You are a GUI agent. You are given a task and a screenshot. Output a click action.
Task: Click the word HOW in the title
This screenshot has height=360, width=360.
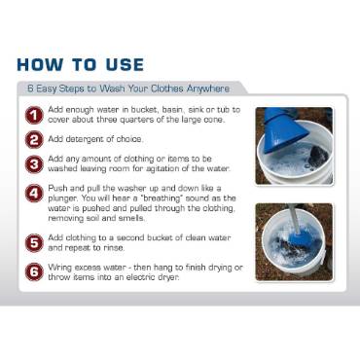pyautogui.click(x=47, y=66)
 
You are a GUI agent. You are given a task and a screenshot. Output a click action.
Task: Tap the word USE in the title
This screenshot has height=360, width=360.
pyautogui.click(x=121, y=66)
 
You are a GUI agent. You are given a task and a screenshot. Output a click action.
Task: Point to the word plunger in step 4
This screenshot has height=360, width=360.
pyautogui.click(x=67, y=203)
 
